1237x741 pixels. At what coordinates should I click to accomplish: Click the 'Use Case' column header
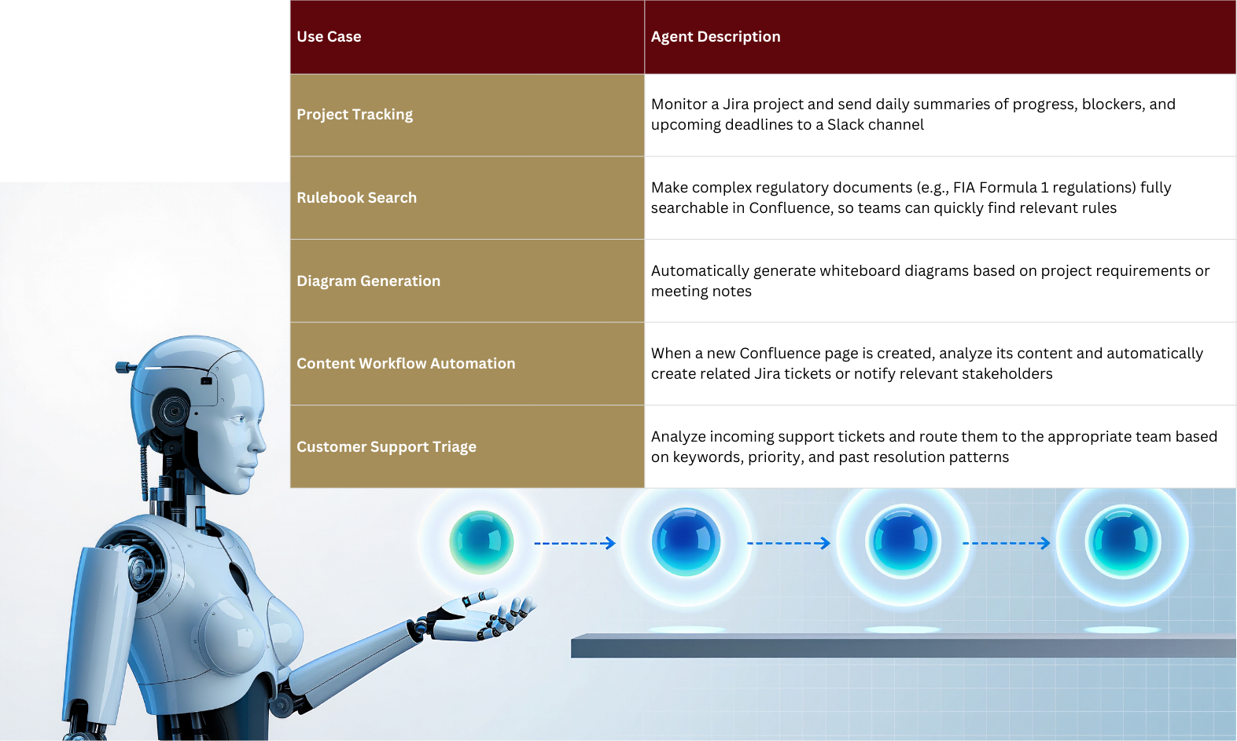[x=329, y=36]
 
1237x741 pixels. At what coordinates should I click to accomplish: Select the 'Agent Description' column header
[x=715, y=36]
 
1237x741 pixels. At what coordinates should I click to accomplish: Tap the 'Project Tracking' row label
[x=355, y=114]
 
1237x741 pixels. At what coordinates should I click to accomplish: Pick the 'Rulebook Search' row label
[x=356, y=197]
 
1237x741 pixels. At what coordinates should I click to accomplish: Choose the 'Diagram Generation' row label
[x=368, y=281]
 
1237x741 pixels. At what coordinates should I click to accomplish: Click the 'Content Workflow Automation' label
[x=406, y=364]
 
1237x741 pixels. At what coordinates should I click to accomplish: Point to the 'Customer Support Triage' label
[x=386, y=447]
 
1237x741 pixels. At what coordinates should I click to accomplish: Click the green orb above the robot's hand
[x=481, y=542]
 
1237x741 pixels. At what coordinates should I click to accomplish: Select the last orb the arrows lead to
[x=1123, y=542]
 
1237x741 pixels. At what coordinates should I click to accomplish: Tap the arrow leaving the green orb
[x=575, y=544]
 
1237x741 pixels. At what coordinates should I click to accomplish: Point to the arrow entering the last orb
[x=1006, y=544]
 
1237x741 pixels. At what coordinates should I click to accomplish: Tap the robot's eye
[x=239, y=420]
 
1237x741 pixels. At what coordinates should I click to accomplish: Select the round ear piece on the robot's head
[x=173, y=411]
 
